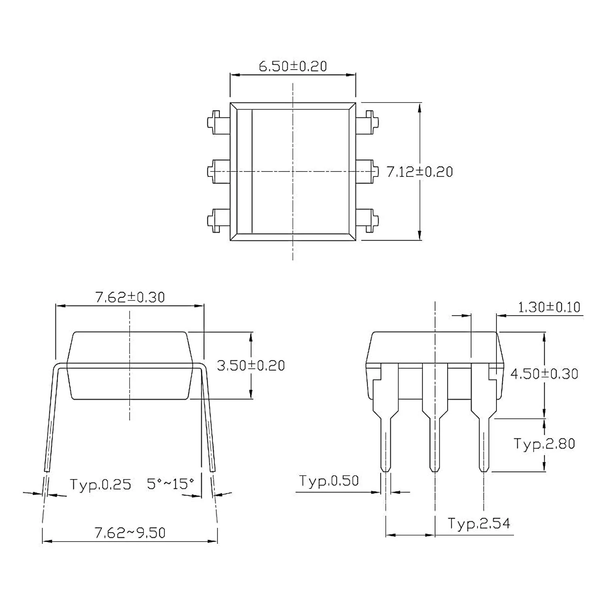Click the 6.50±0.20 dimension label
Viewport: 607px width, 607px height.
293,66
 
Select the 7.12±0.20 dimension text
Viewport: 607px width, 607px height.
420,172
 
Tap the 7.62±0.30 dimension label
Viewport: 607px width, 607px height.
130,297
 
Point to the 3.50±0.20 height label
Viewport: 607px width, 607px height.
251,365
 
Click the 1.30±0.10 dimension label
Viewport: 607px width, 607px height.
549,307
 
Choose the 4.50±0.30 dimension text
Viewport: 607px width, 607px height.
544,374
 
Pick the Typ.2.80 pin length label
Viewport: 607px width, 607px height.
544,444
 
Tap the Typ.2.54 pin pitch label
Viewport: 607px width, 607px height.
479,524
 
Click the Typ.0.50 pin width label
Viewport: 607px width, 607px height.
329,481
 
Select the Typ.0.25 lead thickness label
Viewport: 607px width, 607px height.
100,484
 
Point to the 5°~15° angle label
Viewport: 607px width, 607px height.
170,484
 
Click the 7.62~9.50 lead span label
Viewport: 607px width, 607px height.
130,533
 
